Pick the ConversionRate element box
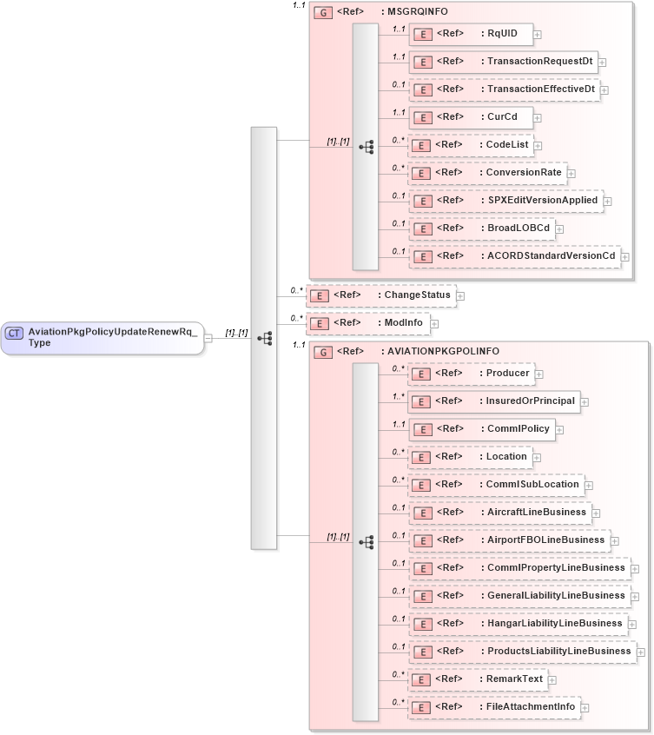pyautogui.click(x=487, y=173)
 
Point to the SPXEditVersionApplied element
pyautogui.click(x=505, y=201)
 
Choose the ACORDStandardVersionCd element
pyautogui.click(x=513, y=255)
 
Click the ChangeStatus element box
pyautogui.click(x=380, y=295)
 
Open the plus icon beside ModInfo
pyautogui.click(x=434, y=323)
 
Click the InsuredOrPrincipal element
pyautogui.click(x=493, y=401)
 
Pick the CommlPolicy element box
pyautogui.click(x=481, y=429)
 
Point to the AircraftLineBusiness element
pyautogui.click(x=499, y=513)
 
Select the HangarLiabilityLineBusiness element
pyautogui.click(x=518, y=623)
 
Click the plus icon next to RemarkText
pyautogui.click(x=552, y=679)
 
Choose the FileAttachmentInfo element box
pyautogui.click(x=493, y=707)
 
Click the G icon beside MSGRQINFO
pyautogui.click(x=323, y=13)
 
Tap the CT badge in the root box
pyautogui.click(x=15, y=333)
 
